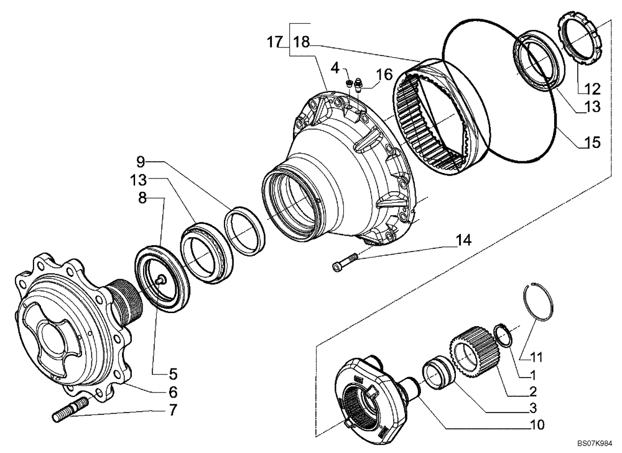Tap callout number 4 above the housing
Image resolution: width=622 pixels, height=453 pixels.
click(335, 68)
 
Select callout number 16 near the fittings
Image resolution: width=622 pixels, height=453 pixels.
click(384, 75)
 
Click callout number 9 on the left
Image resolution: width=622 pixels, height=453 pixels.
click(141, 162)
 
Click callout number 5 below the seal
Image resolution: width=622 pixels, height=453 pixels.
click(172, 374)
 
